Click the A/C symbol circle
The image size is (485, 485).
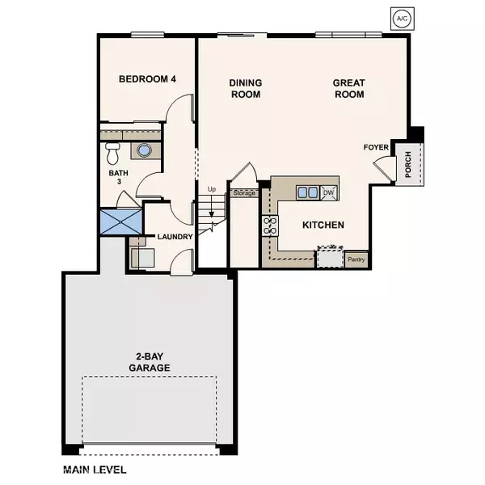402,17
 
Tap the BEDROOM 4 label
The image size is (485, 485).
147,79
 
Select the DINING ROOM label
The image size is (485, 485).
245,89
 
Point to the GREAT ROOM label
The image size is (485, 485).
349,89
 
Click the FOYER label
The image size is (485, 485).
377,148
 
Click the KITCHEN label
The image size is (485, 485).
323,225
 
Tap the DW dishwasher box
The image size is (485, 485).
328,192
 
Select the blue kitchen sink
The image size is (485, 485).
306,192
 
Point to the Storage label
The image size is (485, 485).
244,193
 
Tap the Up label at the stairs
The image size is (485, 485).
213,189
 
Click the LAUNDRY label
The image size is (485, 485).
175,237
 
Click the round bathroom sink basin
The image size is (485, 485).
144,150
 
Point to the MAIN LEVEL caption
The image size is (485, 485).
95,469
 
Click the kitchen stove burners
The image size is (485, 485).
268,226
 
